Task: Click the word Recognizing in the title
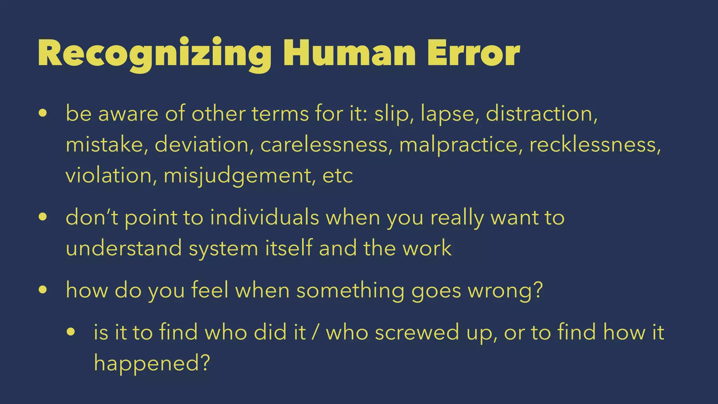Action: [x=154, y=54]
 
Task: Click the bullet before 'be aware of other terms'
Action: [x=43, y=114]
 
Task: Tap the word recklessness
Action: [x=595, y=144]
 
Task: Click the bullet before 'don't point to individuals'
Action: [x=43, y=217]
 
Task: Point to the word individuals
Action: [x=265, y=217]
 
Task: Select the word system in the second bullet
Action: [x=223, y=249]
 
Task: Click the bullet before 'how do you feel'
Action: [x=43, y=290]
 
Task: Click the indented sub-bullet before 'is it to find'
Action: [x=71, y=332]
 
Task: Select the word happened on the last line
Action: [x=148, y=363]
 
